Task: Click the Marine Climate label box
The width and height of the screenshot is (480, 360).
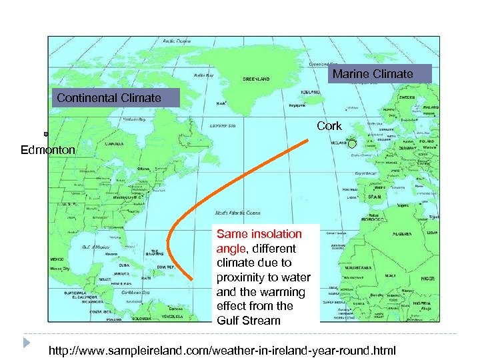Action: tap(373, 73)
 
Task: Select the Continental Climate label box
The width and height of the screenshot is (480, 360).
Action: tap(109, 98)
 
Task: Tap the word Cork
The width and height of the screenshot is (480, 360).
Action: tap(329, 126)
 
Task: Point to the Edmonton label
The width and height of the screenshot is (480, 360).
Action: tap(48, 150)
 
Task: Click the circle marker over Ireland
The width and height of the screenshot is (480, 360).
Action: tap(352, 143)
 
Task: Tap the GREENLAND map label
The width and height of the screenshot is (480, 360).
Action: tap(256, 79)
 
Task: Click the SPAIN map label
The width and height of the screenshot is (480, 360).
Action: tap(375, 197)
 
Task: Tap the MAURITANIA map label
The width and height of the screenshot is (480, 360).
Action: tap(356, 266)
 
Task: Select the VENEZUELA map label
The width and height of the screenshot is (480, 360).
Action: tap(169, 316)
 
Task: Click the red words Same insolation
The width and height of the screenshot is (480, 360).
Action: tap(259, 234)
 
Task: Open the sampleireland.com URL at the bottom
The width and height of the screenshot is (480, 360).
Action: tap(223, 350)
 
